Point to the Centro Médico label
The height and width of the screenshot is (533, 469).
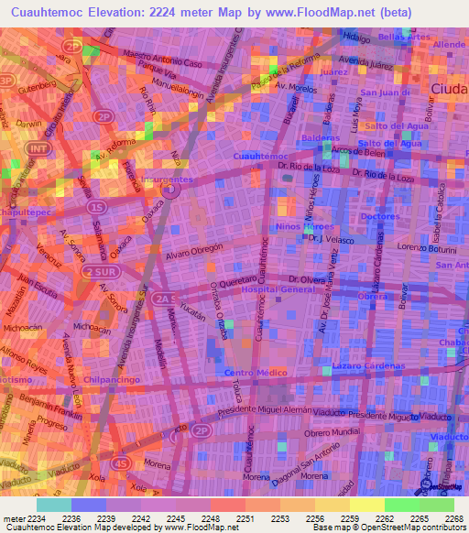coord(256,373)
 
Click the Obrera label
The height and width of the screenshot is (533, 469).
coord(372,296)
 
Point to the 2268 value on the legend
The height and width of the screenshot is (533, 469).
coord(455,518)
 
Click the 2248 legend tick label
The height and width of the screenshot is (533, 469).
coord(210,518)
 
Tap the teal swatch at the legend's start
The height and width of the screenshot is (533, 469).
coord(53,504)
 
